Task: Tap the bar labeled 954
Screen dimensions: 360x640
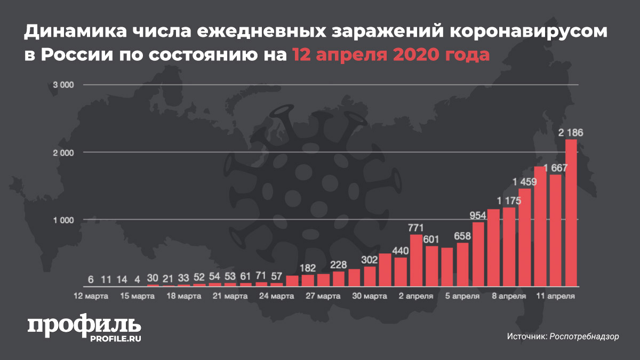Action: click(478, 253)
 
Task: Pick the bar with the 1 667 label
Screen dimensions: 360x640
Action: click(555, 230)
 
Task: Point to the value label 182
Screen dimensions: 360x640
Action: click(308, 268)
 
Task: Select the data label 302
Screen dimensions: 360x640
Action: click(370, 260)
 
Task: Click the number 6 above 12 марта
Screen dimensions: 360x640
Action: click(91, 279)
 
